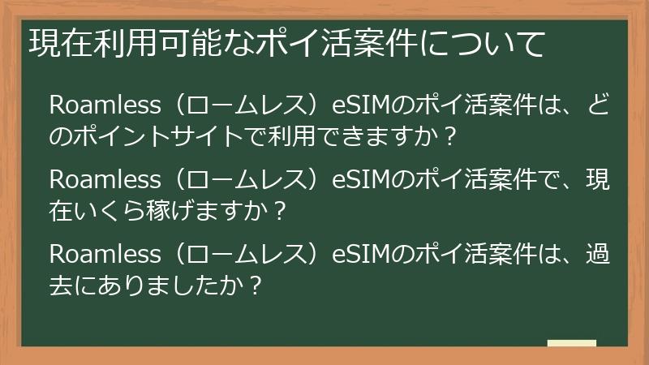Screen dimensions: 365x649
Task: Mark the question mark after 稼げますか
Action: [x=280, y=210]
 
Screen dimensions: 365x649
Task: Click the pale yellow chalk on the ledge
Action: [x=571, y=343]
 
